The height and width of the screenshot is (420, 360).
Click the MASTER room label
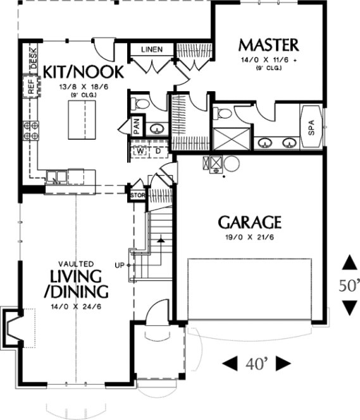tap(268, 45)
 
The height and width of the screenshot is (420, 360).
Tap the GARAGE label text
tap(249, 223)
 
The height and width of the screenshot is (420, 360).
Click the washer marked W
tap(142, 151)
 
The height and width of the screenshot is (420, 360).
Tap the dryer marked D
tap(158, 151)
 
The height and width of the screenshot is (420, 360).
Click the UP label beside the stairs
tap(120, 264)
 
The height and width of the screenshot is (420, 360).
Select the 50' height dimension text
tap(348, 285)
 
